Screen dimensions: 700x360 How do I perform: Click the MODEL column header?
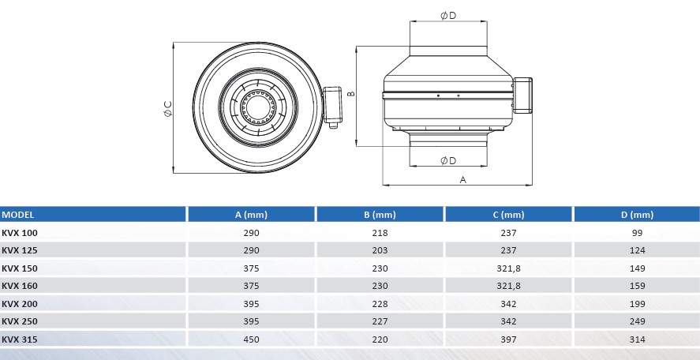coord(18,215)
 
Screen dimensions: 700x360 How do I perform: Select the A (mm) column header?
coord(251,215)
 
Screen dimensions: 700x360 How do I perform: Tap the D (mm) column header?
coord(637,215)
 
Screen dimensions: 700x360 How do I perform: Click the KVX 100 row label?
coord(20,233)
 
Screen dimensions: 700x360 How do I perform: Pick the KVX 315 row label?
coord(20,339)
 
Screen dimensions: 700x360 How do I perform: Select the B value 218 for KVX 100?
coord(380,233)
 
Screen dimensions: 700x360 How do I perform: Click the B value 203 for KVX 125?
coord(380,250)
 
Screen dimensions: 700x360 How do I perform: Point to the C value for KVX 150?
coord(508,268)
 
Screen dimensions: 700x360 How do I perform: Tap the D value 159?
coord(637,286)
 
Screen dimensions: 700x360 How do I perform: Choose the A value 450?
coord(251,339)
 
